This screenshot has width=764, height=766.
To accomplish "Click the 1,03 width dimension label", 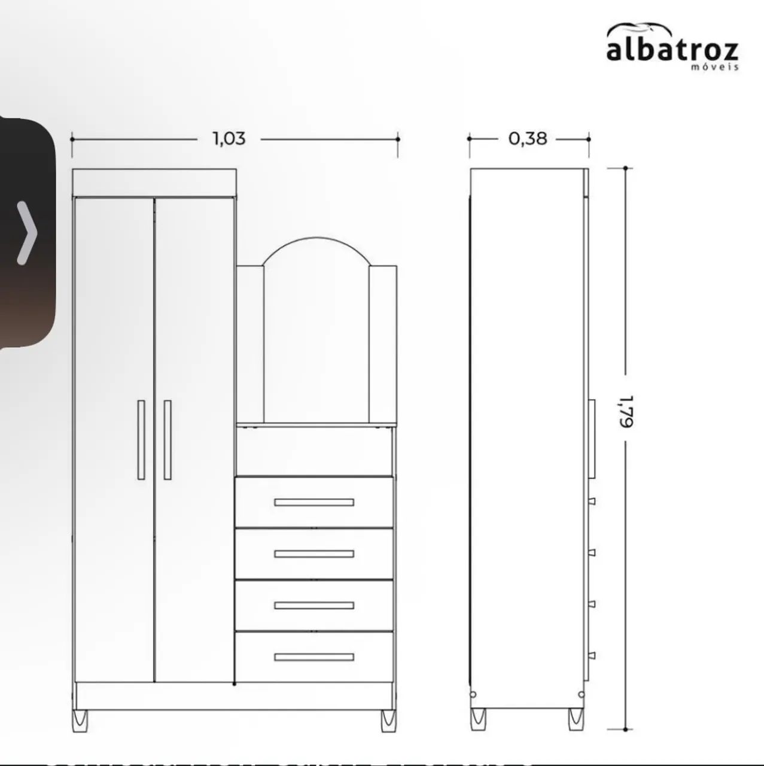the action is pos(229,138).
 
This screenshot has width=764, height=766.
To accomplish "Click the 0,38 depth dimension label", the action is pos(528,138).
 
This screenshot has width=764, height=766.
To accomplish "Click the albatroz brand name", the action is pos(672,50).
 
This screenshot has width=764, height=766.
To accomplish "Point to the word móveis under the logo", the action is pos(715,67).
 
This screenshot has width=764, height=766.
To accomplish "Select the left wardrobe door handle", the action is pos(141,440).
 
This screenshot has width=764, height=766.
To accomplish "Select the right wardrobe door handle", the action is pos(168,440).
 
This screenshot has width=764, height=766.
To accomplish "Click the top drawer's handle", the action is pos(314,503).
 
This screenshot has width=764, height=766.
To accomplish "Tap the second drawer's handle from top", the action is pos(314,554).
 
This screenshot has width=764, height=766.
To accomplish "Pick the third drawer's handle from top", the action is pos(314,606).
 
